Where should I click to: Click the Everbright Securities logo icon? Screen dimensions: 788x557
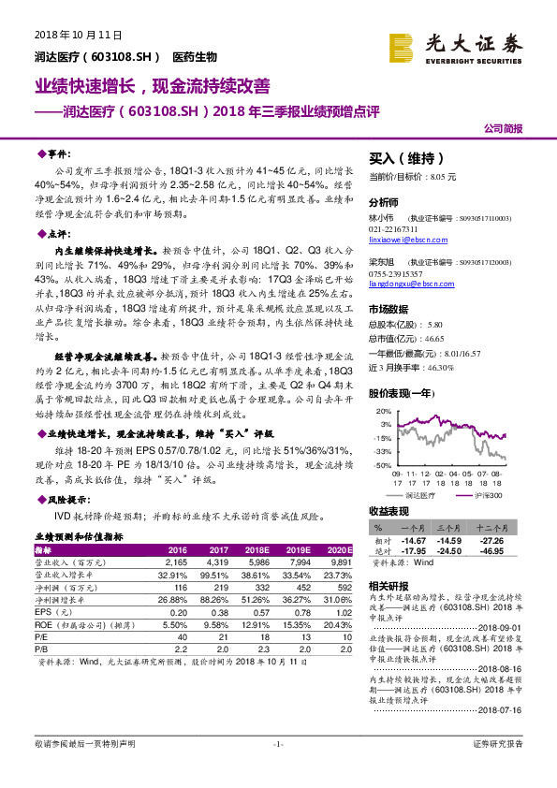point(403,45)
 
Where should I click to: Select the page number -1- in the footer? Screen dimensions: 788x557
point(278,769)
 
